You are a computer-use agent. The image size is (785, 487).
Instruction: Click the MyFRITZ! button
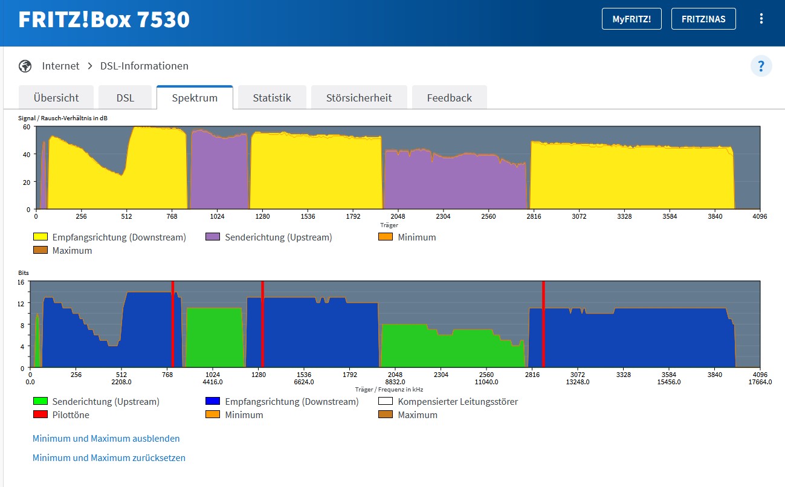pyautogui.click(x=632, y=19)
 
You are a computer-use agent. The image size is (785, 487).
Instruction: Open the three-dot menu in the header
pyautogui.click(x=761, y=19)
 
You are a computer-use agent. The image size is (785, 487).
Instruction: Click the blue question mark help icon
pyautogui.click(x=761, y=65)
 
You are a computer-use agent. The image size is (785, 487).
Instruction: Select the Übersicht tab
pyautogui.click(x=56, y=98)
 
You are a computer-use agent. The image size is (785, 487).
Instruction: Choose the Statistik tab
pyautogui.click(x=272, y=98)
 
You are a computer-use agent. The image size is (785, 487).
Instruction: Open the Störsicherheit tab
pyautogui.click(x=359, y=98)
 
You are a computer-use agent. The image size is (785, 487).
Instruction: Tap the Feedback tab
pyautogui.click(x=449, y=98)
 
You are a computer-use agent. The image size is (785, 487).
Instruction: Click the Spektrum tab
pyautogui.click(x=195, y=98)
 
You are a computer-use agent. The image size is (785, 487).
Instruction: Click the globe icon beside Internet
pyautogui.click(x=25, y=66)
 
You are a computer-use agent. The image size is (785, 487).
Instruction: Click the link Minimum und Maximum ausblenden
pyautogui.click(x=106, y=439)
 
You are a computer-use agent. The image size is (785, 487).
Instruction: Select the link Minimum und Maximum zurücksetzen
pyautogui.click(x=109, y=458)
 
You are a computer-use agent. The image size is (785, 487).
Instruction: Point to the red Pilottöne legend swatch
pyautogui.click(x=40, y=415)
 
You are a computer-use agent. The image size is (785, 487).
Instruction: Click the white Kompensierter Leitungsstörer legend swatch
pyautogui.click(x=385, y=402)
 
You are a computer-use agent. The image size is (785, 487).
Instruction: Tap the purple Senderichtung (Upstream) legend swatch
pyautogui.click(x=213, y=237)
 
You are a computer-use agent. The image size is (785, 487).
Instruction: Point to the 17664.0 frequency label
pyautogui.click(x=759, y=382)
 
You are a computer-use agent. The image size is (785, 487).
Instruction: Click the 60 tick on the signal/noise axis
pyautogui.click(x=26, y=127)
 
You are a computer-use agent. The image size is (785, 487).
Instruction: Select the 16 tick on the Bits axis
pyautogui.click(x=21, y=282)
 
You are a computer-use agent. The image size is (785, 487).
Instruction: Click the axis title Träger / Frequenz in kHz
pyautogui.click(x=389, y=390)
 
